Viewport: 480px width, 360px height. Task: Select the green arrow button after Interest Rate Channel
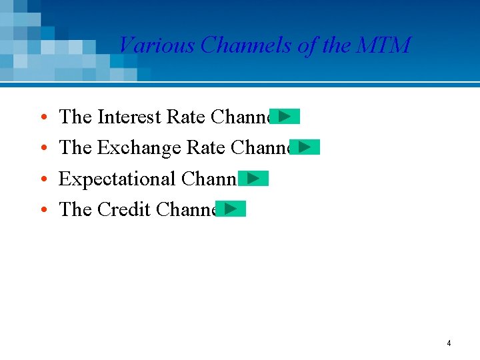tap(285, 117)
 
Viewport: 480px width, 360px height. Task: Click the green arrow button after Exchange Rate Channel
tap(305, 147)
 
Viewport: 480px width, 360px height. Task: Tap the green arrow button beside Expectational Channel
tap(253, 178)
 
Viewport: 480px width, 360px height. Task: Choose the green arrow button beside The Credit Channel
tap(231, 209)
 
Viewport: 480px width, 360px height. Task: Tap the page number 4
tap(449, 343)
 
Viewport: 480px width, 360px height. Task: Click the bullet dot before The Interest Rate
tap(43, 119)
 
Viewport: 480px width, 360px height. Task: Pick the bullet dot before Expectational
tap(43, 180)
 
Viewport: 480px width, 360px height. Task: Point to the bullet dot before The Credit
tap(43, 211)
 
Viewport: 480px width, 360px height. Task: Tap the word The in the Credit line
tap(75, 209)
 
